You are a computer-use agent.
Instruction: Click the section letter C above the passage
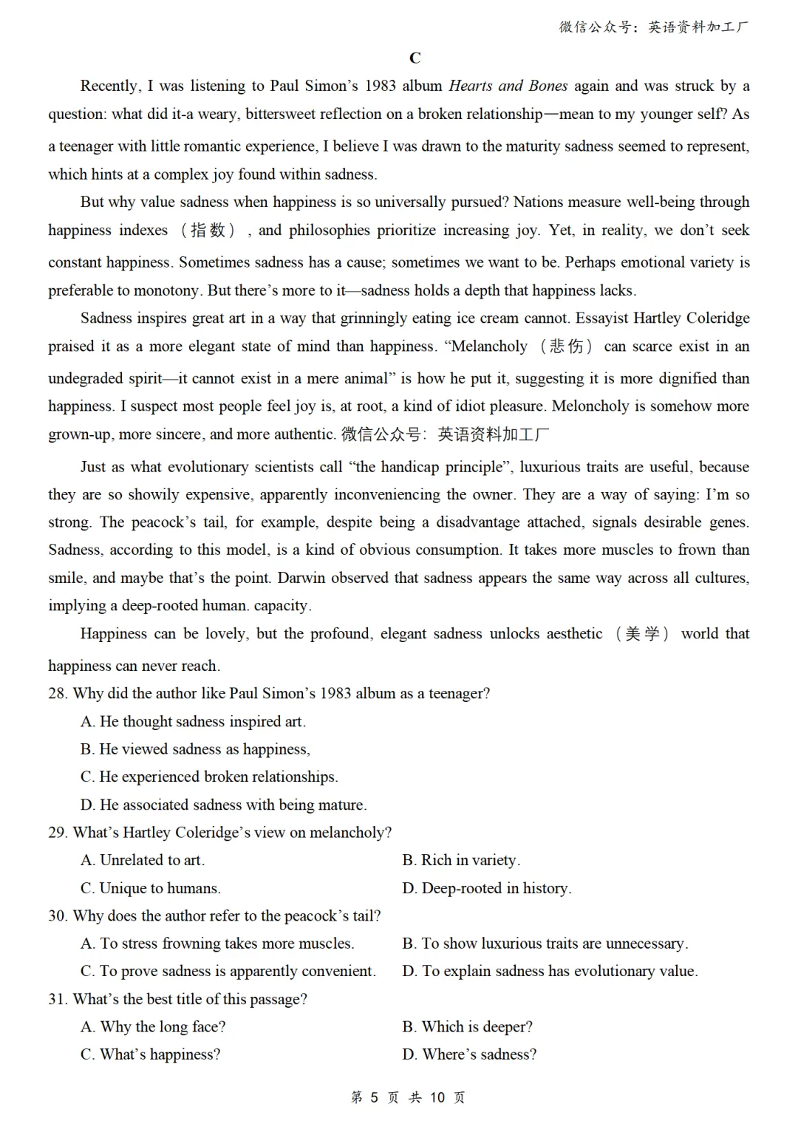click(415, 58)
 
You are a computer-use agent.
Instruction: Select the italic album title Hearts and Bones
click(508, 86)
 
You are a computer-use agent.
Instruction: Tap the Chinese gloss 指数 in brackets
click(208, 231)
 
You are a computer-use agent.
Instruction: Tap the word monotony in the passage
click(166, 290)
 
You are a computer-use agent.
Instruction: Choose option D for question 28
click(223, 805)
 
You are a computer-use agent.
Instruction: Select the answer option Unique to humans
click(151, 888)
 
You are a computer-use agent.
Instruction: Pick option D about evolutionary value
click(550, 971)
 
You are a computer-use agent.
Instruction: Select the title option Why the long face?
click(154, 1027)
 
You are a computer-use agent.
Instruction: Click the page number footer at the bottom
click(408, 1097)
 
